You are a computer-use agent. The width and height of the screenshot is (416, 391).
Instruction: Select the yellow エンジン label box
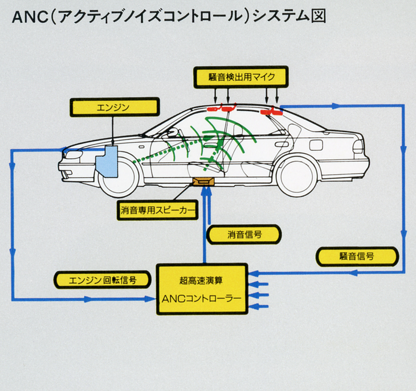point(114,106)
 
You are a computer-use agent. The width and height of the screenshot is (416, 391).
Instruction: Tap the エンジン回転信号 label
point(102,279)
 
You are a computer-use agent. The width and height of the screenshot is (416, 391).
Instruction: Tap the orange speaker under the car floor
point(203,181)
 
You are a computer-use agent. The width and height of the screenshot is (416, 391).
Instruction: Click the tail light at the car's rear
point(358,146)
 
